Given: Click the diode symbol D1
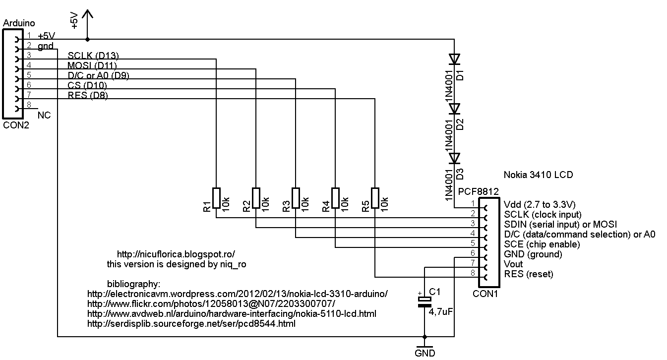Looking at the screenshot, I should [x=454, y=59].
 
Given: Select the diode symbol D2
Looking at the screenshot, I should [x=454, y=109].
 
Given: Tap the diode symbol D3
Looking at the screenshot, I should [x=454, y=158].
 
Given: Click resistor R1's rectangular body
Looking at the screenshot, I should [x=216, y=198].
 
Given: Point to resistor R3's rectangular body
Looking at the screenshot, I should [x=296, y=198].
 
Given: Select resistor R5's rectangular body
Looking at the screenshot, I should [x=375, y=198].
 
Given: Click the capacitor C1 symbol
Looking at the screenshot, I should [x=424, y=302].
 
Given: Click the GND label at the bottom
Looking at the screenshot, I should [x=424, y=353].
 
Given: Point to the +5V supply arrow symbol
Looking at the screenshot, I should [x=87, y=17].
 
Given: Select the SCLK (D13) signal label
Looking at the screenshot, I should [x=93, y=55].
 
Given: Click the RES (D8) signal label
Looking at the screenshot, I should [x=87, y=95].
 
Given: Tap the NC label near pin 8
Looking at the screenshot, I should [x=44, y=115].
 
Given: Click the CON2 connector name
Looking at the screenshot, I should [x=16, y=125].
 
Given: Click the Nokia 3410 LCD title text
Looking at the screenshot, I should [x=538, y=175].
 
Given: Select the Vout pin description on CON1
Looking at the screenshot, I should [x=513, y=264].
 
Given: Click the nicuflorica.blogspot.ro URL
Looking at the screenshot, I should [x=176, y=253].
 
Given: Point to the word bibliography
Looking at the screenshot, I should [x=133, y=284].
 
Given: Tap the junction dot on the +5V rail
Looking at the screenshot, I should [x=87, y=39].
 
